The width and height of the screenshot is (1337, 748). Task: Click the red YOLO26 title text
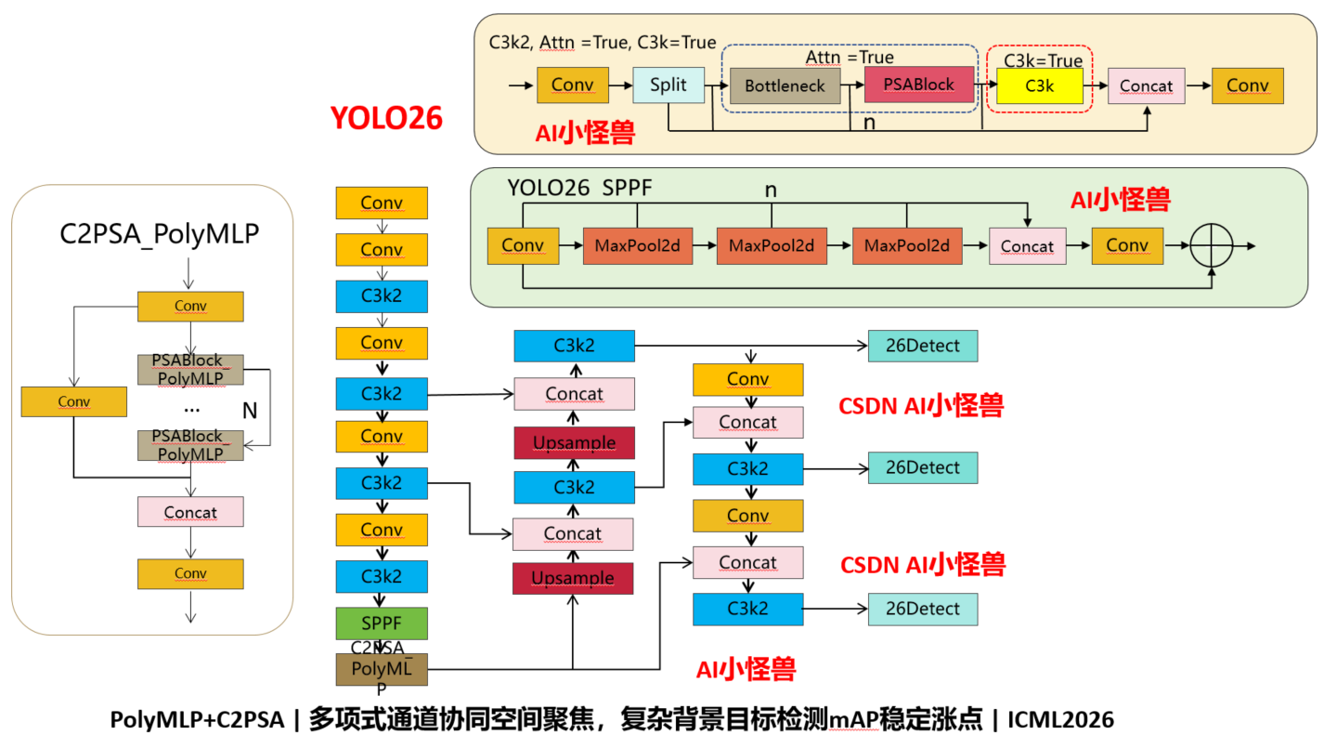click(x=387, y=118)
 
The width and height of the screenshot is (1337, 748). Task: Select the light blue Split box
click(x=668, y=85)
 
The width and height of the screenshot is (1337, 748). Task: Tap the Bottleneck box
click(x=785, y=85)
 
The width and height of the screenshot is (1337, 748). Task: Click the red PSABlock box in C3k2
click(x=919, y=85)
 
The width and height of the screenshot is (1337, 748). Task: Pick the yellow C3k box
click(x=1040, y=86)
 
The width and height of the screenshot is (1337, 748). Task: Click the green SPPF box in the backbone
click(x=382, y=623)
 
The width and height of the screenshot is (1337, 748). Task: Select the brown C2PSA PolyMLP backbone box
click(x=382, y=669)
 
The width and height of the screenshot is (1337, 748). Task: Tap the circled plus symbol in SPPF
click(x=1211, y=245)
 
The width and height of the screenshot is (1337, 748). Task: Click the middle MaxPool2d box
click(x=772, y=245)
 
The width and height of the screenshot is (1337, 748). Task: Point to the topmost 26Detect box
click(x=923, y=346)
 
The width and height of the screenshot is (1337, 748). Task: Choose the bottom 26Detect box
click(x=923, y=609)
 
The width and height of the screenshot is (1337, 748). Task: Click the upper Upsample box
click(x=574, y=442)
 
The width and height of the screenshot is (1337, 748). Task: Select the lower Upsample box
click(x=573, y=578)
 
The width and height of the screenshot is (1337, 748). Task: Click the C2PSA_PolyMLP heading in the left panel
click(x=160, y=233)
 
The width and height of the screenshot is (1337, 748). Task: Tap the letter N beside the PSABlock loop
click(x=250, y=411)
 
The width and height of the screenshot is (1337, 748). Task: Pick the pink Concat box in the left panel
click(x=190, y=512)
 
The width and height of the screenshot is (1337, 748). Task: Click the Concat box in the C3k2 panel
click(x=1147, y=86)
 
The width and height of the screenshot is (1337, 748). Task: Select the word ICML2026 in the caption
click(x=1060, y=719)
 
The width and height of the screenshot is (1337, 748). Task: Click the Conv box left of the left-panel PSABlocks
click(x=74, y=401)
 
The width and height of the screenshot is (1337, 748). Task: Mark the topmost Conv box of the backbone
click(x=382, y=203)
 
